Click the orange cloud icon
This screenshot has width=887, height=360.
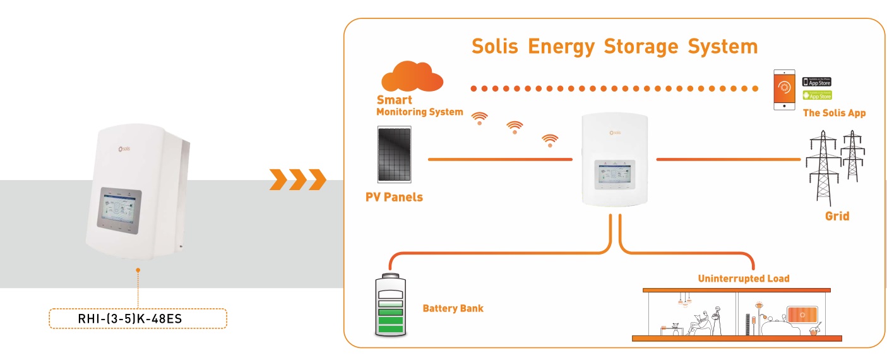pyautogui.click(x=412, y=77)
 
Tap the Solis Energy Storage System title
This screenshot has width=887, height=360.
pyautogui.click(x=614, y=47)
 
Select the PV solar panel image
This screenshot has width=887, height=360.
pyautogui.click(x=396, y=155)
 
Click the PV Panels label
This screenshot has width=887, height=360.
pyautogui.click(x=394, y=197)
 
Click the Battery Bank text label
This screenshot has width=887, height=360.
pyautogui.click(x=453, y=308)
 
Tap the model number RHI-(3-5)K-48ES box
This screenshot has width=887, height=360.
pyautogui.click(x=138, y=318)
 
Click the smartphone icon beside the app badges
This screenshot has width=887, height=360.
pyautogui.click(x=783, y=89)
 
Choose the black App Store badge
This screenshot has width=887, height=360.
pyautogui.click(x=816, y=82)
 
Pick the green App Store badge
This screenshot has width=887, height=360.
pyautogui.click(x=816, y=95)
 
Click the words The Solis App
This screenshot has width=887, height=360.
pyautogui.click(x=834, y=113)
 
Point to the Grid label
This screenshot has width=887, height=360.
pyautogui.click(x=837, y=216)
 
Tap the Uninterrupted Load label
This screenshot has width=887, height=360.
pyautogui.click(x=743, y=278)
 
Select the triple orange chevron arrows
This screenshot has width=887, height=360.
pyautogui.click(x=297, y=179)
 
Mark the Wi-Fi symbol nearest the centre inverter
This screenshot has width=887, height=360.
pyautogui.click(x=550, y=140)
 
